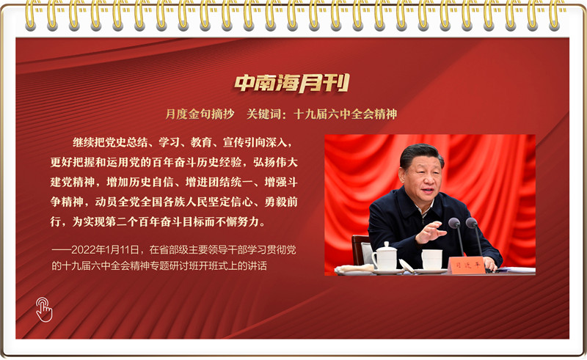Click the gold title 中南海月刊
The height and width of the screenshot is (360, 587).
click(291, 83)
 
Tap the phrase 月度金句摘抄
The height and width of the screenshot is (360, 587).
click(200, 114)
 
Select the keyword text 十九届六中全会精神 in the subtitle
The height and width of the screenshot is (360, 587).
click(345, 114)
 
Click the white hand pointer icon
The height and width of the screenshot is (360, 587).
click(44, 309)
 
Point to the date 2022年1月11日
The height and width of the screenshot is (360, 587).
click(105, 249)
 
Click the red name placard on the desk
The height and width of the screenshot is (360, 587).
click(467, 265)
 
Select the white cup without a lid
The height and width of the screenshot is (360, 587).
click(431, 260)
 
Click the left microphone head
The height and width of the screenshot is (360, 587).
click(454, 223)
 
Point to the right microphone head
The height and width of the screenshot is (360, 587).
click(471, 223)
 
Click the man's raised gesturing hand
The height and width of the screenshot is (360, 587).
click(431, 232)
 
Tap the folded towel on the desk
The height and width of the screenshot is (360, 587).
click(354, 268)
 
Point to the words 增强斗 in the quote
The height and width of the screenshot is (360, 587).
click(281, 182)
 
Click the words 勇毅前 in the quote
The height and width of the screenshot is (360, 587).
click(281, 202)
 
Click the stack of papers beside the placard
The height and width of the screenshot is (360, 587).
click(516, 270)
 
